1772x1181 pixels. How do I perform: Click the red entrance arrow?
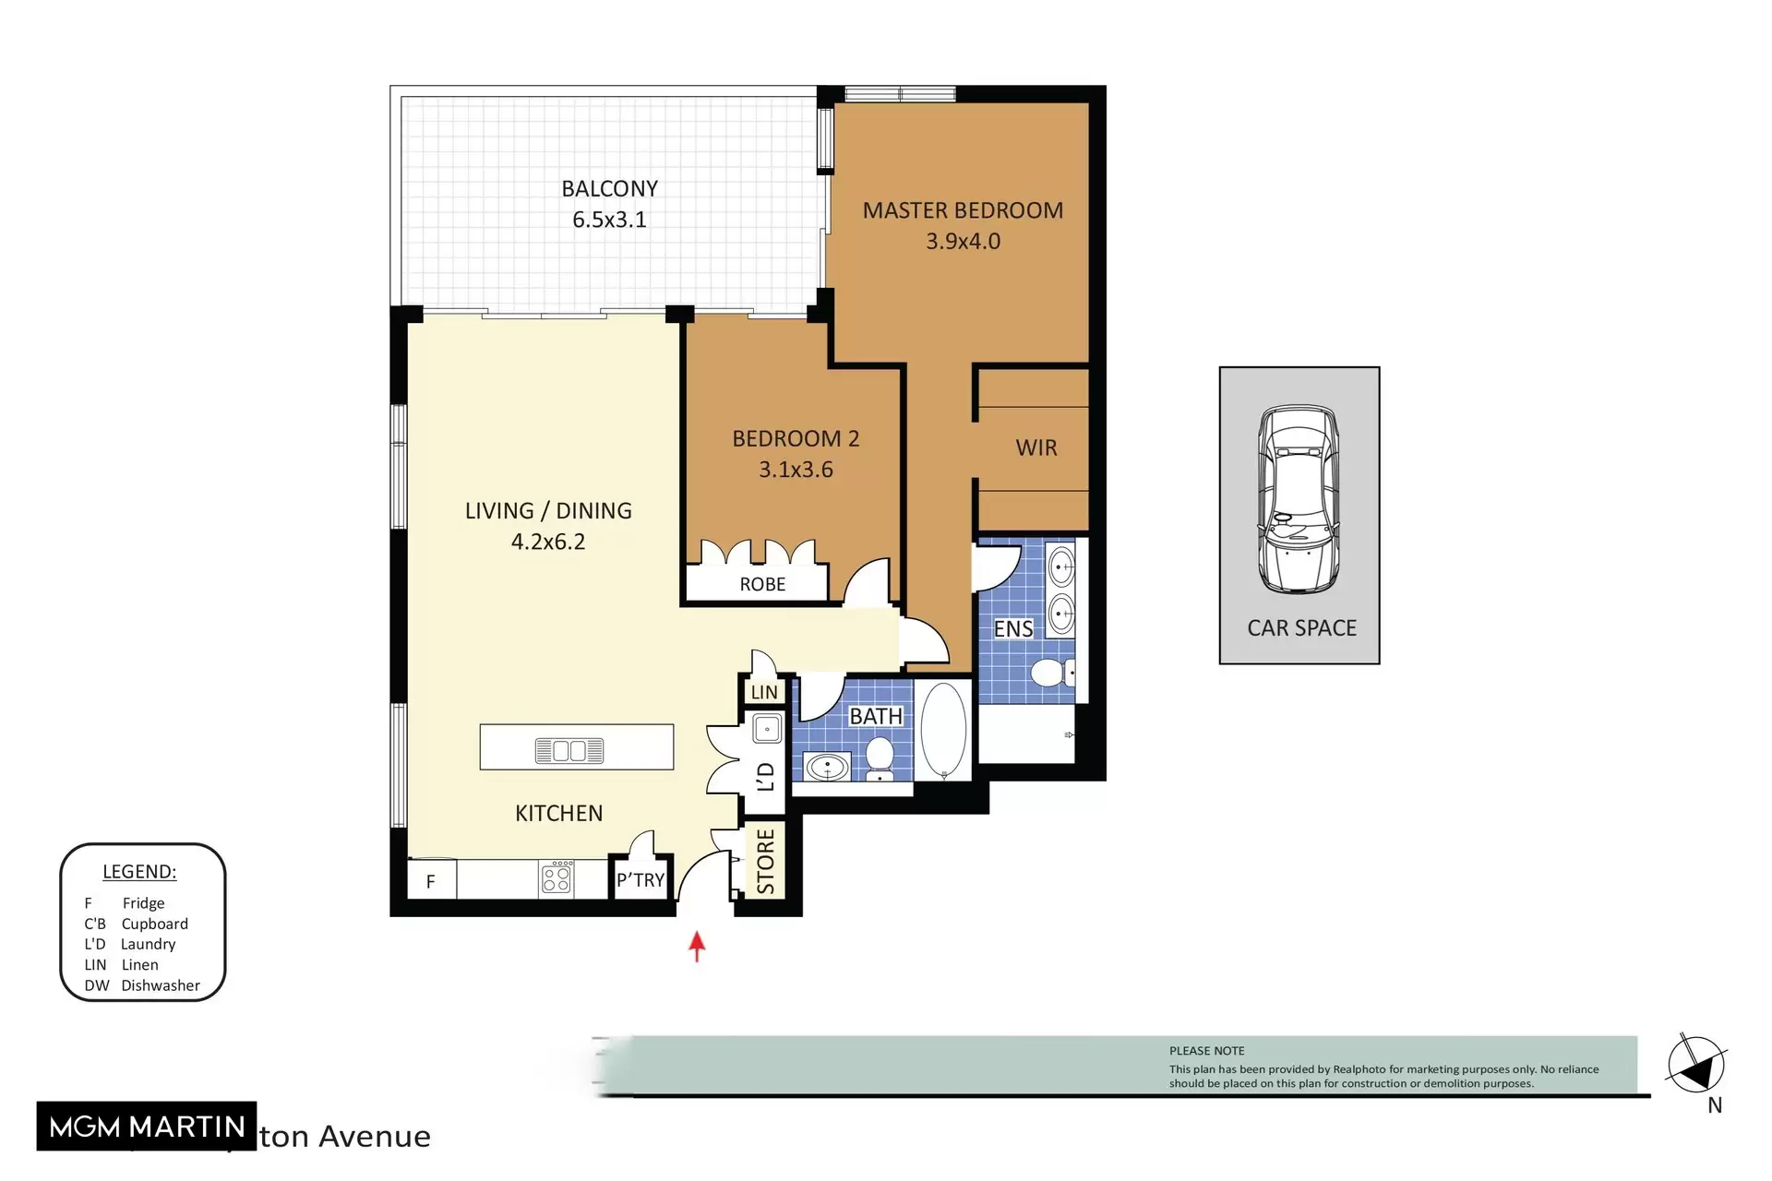point(697,946)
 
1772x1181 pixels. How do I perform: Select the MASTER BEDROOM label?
point(963,210)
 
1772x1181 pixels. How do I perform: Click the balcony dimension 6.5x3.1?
point(609,220)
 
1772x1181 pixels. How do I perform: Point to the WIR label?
point(1036,447)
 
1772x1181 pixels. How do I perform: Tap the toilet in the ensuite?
point(1049,672)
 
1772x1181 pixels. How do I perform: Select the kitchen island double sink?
point(569,751)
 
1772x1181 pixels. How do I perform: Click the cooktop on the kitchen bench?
point(557,877)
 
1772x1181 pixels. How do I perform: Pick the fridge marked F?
point(430,881)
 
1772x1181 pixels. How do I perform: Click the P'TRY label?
point(641,880)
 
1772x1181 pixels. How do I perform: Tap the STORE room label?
point(766,861)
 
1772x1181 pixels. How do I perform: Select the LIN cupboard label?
point(764,692)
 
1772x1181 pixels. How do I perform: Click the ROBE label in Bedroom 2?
point(762,584)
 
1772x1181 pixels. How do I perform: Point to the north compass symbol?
point(1696,1067)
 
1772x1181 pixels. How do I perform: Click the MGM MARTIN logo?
point(147,1127)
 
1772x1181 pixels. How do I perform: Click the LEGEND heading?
point(139,872)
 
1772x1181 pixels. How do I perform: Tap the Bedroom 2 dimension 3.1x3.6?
point(796,470)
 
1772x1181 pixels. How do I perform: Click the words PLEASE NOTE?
point(1206,1051)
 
